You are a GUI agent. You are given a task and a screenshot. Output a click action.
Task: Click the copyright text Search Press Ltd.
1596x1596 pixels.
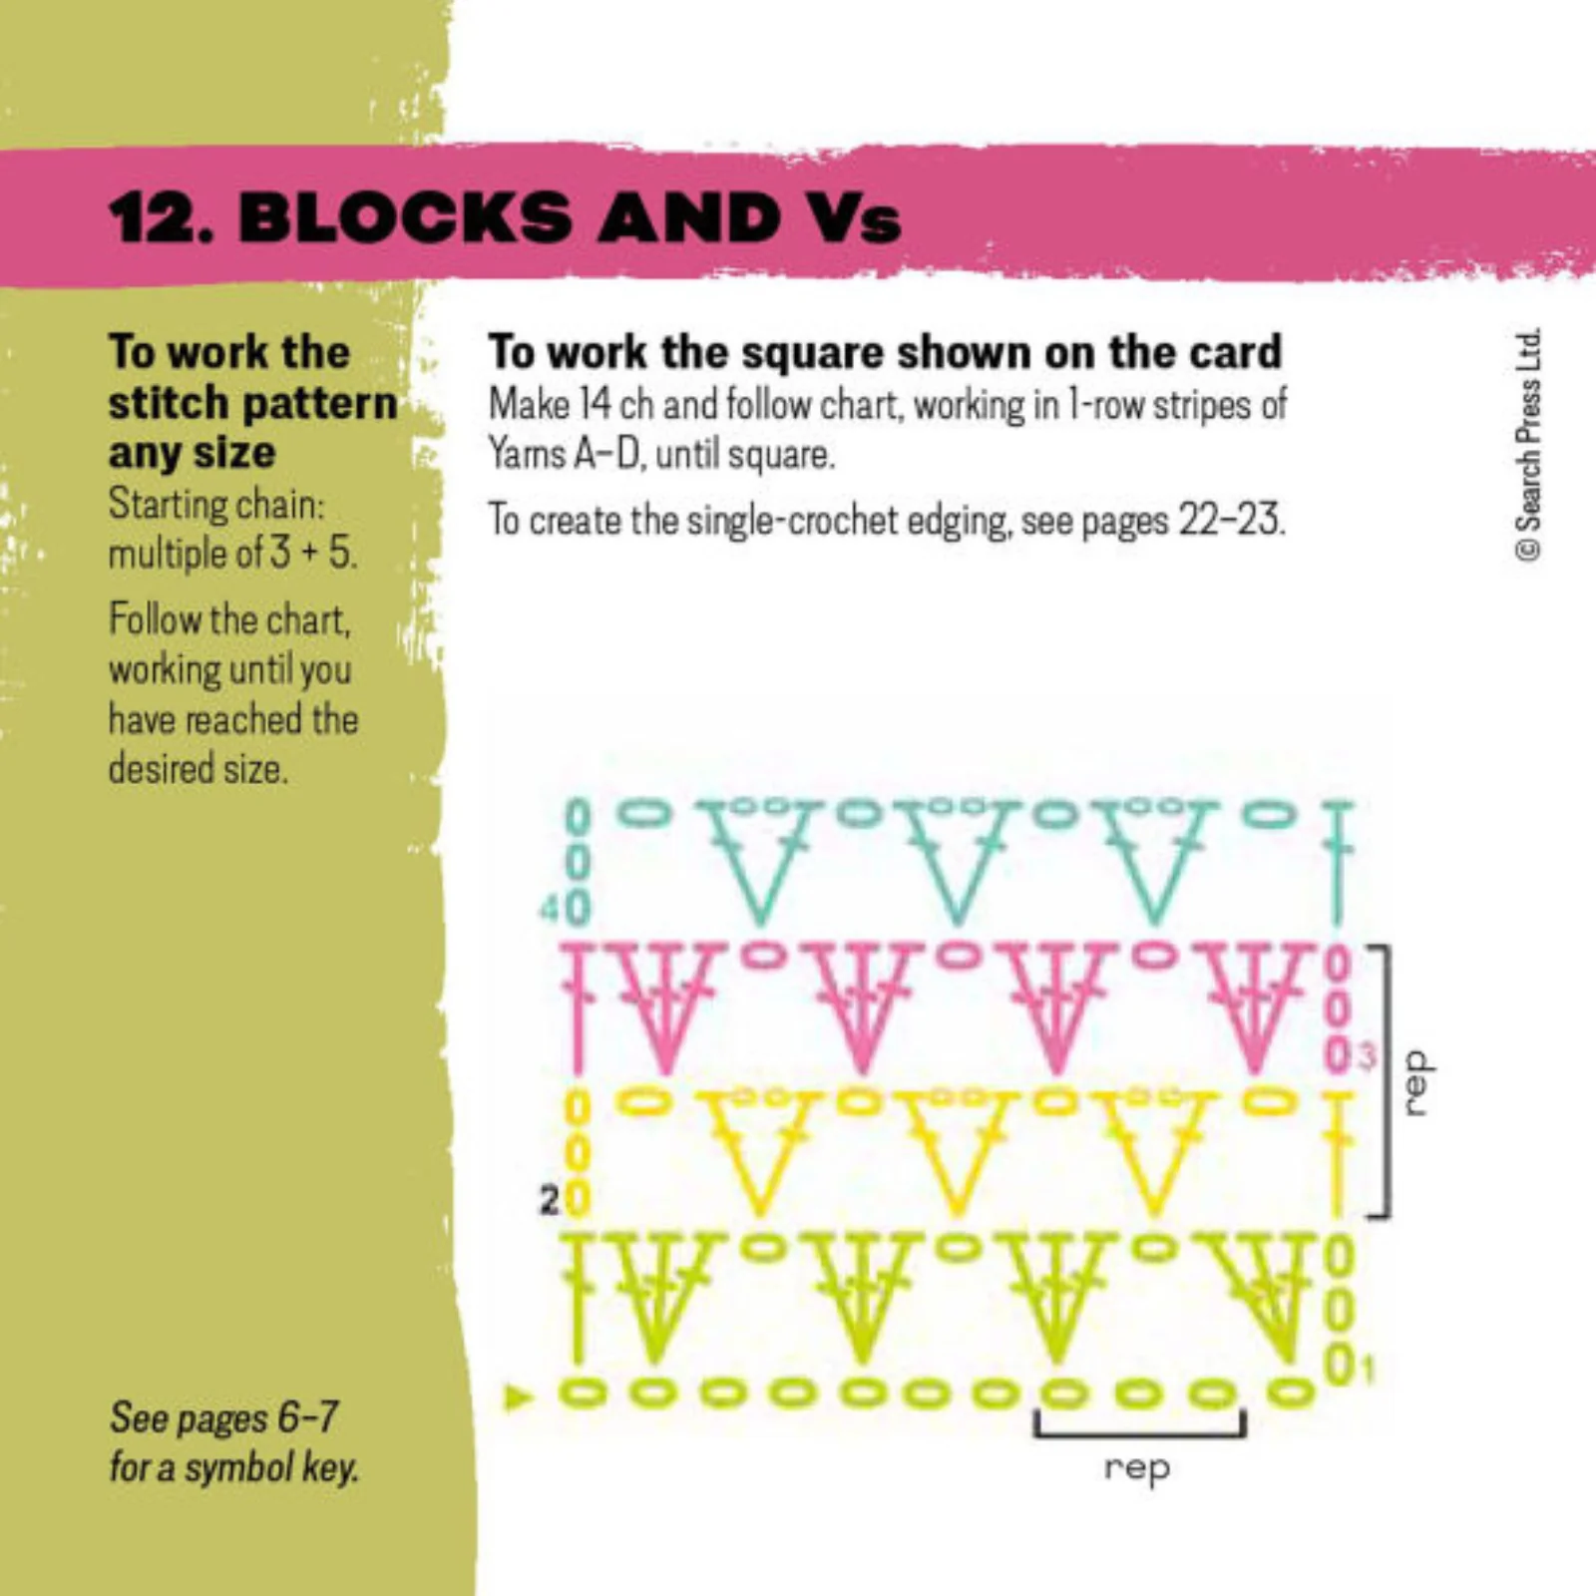pyautogui.click(x=1527, y=444)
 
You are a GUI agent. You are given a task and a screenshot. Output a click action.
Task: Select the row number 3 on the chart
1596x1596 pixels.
pyautogui.click(x=1367, y=1055)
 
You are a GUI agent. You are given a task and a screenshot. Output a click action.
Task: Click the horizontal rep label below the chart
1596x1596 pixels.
pyautogui.click(x=1137, y=1468)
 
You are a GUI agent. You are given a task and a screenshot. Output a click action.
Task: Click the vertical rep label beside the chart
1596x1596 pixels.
pyautogui.click(x=1417, y=1082)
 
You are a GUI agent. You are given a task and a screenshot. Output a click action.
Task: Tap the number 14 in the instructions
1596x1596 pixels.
pyautogui.click(x=596, y=404)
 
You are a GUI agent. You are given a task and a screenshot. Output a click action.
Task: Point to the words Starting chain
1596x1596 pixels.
pyautogui.click(x=216, y=504)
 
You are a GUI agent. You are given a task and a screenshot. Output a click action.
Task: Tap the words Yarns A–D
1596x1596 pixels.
pyautogui.click(x=564, y=455)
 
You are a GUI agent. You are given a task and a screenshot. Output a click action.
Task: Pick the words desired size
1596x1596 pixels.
pyautogui.click(x=198, y=769)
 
